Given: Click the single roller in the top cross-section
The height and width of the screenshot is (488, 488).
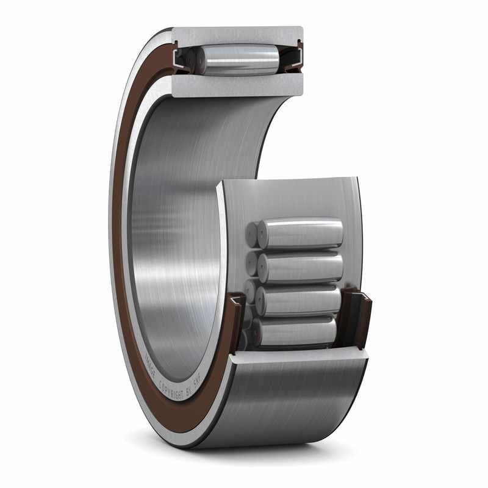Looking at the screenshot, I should [241, 59].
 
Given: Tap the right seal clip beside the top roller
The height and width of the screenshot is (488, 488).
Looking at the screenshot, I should [296, 58].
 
